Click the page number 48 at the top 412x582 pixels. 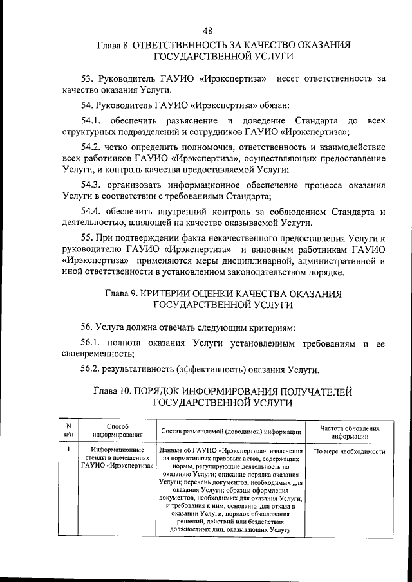(207, 30)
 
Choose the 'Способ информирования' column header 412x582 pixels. (118, 430)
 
